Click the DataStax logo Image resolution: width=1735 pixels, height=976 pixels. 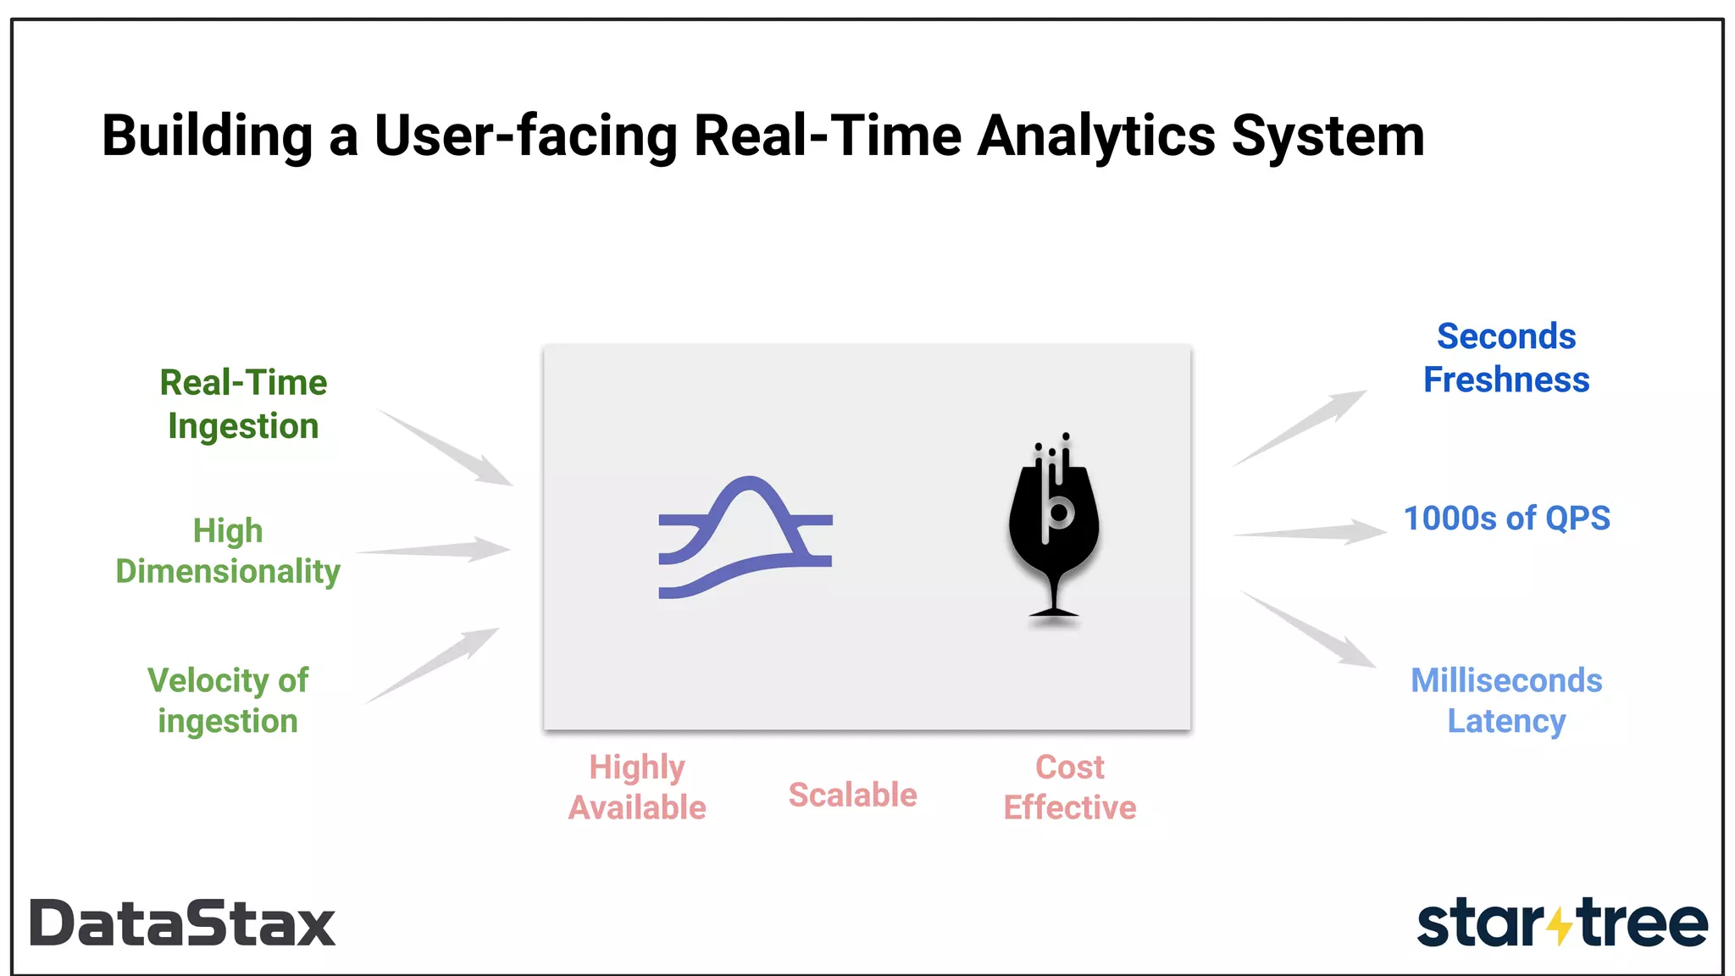[x=182, y=923]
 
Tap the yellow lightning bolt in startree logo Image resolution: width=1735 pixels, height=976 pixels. [x=1560, y=926]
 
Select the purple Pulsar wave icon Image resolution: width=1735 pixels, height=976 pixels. [x=746, y=538]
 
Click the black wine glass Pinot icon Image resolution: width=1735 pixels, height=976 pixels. [x=1053, y=530]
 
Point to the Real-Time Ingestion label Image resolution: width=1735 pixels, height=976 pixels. [x=243, y=404]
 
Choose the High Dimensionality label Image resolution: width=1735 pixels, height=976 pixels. [x=228, y=551]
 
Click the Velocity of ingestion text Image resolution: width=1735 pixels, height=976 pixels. [x=228, y=700]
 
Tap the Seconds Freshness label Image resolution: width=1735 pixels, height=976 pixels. [x=1506, y=358]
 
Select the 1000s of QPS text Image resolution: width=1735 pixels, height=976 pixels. [x=1506, y=518]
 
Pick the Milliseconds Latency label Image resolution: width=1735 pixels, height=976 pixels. [x=1506, y=700]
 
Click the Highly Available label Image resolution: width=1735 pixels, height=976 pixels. [x=637, y=787]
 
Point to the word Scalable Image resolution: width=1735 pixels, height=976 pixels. [x=852, y=795]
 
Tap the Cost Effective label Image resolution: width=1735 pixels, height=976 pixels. [x=1070, y=787]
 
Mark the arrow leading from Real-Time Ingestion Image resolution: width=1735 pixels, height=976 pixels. [x=447, y=448]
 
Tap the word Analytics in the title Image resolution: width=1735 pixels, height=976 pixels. [x=1096, y=136]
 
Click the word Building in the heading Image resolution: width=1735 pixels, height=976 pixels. [x=208, y=136]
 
